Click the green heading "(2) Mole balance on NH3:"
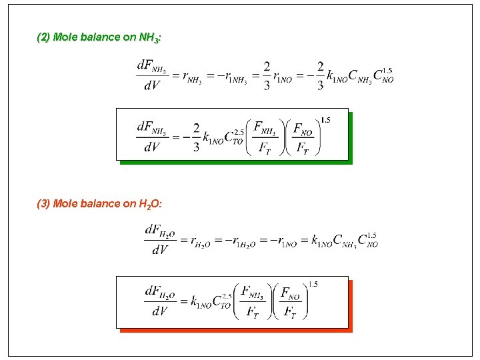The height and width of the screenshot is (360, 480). tap(99, 38)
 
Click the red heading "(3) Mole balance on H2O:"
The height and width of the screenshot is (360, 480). tap(99, 203)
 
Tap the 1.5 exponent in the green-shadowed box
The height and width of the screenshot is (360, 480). tap(325, 120)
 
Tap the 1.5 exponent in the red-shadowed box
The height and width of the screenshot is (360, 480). tap(313, 285)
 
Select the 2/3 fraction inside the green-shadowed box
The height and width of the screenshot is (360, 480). tap(197, 137)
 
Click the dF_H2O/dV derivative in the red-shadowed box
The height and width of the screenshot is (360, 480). tap(160, 302)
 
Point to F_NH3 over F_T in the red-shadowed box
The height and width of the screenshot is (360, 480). tap(252, 302)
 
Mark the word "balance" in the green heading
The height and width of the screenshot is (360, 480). tap(100, 38)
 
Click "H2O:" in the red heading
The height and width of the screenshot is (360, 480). tap(150, 203)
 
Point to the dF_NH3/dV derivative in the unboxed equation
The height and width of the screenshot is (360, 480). tap(152, 75)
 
